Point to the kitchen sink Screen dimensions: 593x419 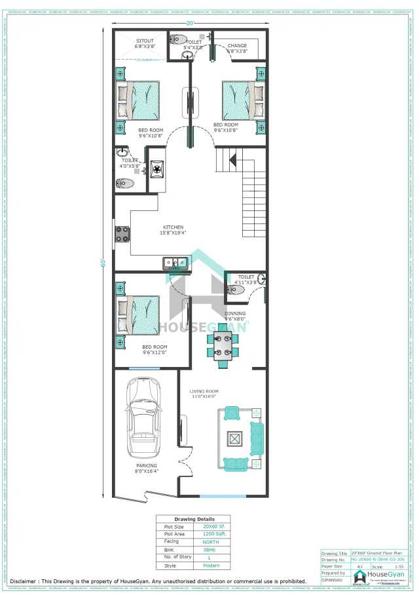[x=175, y=263]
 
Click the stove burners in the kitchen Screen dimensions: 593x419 [x=122, y=234]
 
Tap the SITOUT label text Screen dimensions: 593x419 [x=144, y=41]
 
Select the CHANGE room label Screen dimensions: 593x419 [x=237, y=46]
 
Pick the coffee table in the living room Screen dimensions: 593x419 [x=234, y=438]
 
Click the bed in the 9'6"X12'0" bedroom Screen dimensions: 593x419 [x=138, y=315]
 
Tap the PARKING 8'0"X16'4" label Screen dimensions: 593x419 [x=147, y=469]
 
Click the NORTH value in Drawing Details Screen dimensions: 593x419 [x=211, y=543]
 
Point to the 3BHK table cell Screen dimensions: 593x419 [x=211, y=550]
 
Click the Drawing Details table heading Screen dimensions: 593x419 [x=193, y=519]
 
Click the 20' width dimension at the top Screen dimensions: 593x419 [x=190, y=23]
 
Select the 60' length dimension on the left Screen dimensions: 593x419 [x=103, y=263]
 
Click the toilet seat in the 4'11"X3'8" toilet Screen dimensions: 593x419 [x=235, y=289]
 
